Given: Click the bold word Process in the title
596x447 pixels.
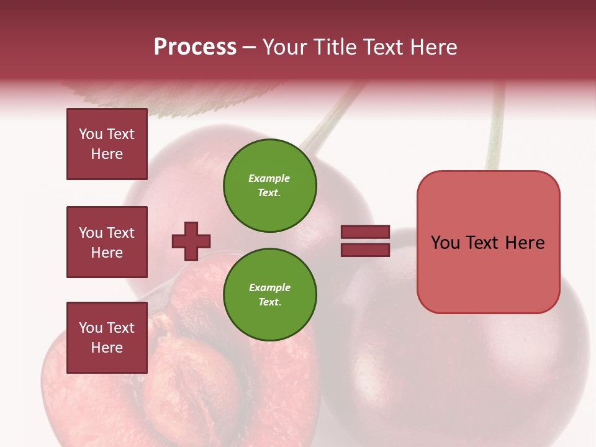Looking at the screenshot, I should tap(195, 47).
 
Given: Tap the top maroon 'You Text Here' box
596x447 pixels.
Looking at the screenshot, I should tap(107, 144).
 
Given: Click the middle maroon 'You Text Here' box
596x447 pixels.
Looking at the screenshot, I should tap(107, 242).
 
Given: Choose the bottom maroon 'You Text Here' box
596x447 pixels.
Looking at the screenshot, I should tap(107, 338).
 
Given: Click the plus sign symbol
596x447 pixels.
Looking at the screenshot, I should tap(191, 241).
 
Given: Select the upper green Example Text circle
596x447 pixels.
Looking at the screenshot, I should tap(269, 186).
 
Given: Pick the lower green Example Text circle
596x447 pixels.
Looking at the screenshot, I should tap(269, 295).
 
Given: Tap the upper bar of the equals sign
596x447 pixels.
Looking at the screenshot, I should tap(365, 232).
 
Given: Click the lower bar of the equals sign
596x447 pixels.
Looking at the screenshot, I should tap(365, 250).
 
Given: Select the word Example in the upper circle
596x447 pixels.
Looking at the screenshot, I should tap(269, 178).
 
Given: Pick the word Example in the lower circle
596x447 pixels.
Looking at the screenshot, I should tap(269, 287).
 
